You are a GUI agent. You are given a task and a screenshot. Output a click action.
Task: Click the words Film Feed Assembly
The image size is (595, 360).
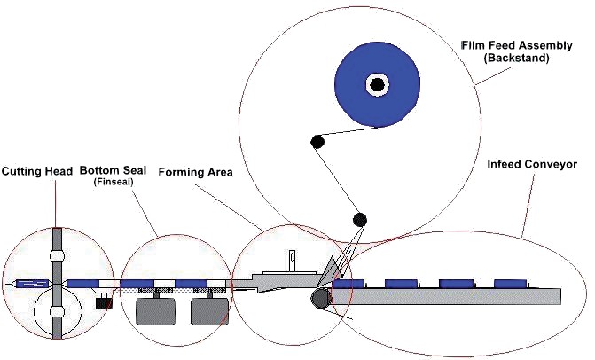517,45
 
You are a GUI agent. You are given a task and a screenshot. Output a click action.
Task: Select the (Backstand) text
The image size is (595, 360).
516,58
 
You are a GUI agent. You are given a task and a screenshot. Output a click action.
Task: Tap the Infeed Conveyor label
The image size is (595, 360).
532,164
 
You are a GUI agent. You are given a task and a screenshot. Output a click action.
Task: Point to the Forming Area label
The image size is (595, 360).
195,173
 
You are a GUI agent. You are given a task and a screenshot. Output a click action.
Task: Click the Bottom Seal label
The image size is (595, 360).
114,170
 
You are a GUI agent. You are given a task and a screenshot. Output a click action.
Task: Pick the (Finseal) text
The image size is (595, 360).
114,182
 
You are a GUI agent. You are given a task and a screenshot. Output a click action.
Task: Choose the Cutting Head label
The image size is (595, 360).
37,171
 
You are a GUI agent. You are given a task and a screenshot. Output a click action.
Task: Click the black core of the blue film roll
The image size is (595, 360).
377,85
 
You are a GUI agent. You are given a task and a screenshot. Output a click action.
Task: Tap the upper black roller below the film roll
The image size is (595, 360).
317,142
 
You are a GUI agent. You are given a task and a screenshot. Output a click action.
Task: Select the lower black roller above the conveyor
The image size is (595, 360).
360,219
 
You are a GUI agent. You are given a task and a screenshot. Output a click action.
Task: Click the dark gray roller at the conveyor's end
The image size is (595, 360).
321,298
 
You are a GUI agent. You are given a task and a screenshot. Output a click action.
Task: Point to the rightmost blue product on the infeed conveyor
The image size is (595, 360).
511,284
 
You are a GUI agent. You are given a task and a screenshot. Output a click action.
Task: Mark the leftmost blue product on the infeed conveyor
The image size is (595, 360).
348,284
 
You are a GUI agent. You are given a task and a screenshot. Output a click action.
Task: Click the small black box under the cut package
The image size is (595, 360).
104,303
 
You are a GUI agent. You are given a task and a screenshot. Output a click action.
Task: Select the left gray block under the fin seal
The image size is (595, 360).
155,311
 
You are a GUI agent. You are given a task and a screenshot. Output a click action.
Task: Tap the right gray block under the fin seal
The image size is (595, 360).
210,311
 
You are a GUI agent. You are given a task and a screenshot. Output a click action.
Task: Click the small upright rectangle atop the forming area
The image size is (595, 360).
292,261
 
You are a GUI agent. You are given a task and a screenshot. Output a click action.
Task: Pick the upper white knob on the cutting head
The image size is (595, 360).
57,255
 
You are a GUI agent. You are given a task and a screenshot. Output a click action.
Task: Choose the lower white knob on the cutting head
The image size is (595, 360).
57,312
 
